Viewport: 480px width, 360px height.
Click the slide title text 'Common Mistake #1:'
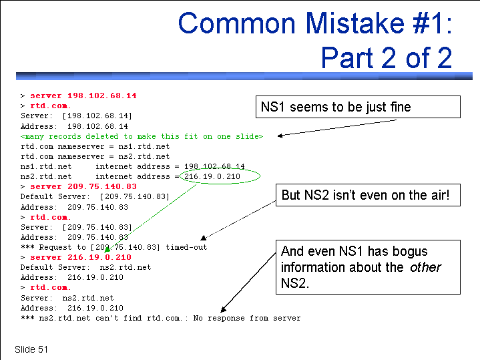pos(315,23)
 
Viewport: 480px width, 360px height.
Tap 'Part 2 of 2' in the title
pos(387,57)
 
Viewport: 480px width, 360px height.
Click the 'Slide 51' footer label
pos(31,349)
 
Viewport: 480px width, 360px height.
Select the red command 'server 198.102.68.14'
pos(83,96)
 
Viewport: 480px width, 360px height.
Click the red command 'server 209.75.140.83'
pos(83,186)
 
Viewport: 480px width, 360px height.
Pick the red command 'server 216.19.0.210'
pos(81,257)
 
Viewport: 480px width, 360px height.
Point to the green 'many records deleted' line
pos(142,136)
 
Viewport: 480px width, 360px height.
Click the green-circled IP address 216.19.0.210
pos(212,176)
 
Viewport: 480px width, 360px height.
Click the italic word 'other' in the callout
pos(425,267)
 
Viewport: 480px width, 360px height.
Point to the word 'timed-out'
pos(186,247)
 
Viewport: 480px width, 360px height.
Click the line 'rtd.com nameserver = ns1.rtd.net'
pos(95,146)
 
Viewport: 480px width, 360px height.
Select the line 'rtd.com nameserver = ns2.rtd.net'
pos(95,156)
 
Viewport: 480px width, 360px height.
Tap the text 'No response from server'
pos(247,318)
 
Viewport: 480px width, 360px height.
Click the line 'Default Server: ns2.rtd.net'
pos(85,267)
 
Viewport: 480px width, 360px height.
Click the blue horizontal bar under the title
pos(244,76)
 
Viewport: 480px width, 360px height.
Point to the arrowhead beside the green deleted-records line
pos(280,136)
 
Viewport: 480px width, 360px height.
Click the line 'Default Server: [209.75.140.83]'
pos(95,196)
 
